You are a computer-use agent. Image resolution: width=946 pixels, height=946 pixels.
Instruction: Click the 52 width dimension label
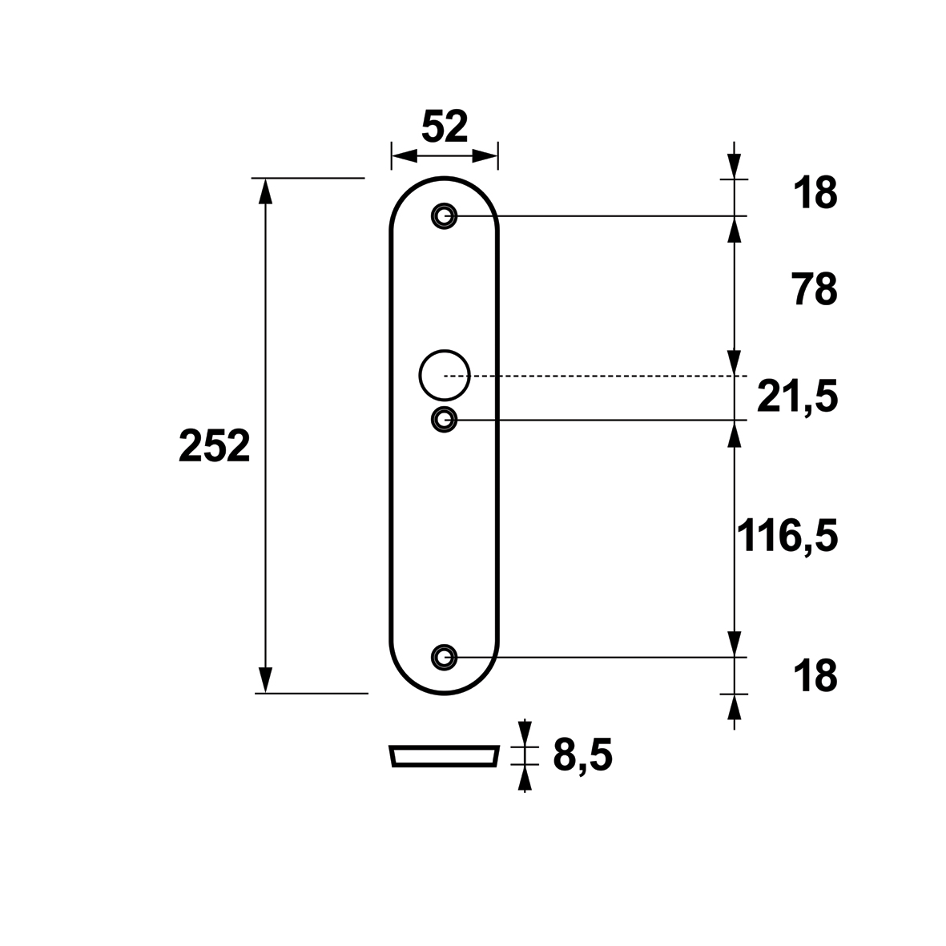(x=445, y=126)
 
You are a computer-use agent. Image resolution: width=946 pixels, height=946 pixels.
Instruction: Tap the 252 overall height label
(x=214, y=446)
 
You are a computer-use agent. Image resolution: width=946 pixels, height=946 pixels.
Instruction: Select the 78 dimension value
(x=815, y=289)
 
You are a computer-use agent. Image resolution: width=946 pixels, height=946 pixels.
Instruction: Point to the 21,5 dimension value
(x=798, y=397)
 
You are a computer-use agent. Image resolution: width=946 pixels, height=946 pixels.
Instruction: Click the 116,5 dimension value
(x=787, y=535)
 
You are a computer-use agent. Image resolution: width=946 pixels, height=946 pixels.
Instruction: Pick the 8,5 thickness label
(x=583, y=755)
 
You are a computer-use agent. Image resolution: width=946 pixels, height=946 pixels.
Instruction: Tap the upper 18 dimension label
(x=815, y=193)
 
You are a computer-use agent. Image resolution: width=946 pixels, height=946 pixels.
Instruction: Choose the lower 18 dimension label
(x=815, y=676)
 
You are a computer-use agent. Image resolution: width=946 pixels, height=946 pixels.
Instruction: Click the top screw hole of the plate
(x=444, y=215)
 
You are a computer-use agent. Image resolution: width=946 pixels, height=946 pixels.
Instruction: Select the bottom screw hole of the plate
(x=444, y=656)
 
